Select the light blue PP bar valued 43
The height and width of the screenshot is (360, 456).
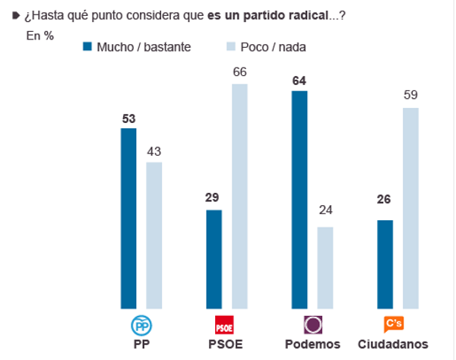[154, 235]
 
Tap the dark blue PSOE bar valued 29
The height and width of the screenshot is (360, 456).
[214, 259]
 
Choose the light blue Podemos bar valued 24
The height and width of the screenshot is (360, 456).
[325, 267]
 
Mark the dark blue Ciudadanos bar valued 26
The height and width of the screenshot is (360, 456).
[385, 264]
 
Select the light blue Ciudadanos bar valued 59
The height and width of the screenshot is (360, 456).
[411, 208]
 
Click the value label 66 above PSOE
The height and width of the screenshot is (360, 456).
[239, 71]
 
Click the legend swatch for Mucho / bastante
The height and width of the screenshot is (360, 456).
[87, 46]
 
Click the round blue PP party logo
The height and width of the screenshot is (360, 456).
[141, 325]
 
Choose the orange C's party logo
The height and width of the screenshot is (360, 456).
[394, 324]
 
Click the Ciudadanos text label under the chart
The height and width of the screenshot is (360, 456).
[394, 344]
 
